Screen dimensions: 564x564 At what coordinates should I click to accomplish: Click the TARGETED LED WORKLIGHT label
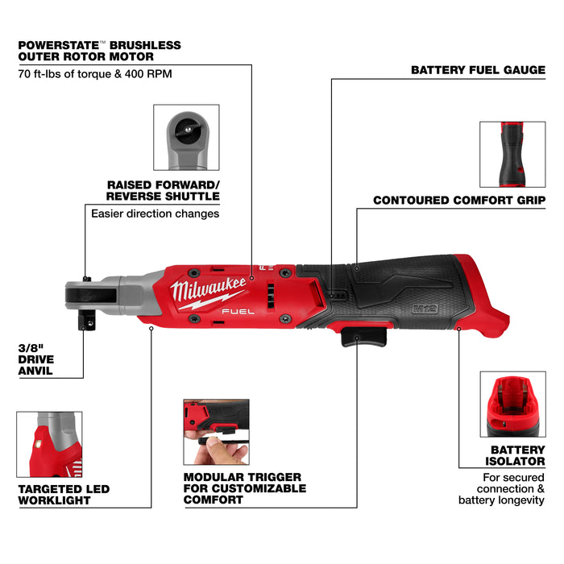(63, 495)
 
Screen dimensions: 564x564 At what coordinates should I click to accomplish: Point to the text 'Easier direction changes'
(155, 214)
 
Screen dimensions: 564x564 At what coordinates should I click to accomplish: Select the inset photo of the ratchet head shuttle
(186, 137)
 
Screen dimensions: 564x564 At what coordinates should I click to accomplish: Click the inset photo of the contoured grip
(512, 154)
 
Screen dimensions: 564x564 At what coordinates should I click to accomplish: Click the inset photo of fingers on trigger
(216, 432)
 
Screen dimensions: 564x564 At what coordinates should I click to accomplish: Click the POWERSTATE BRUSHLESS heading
(100, 50)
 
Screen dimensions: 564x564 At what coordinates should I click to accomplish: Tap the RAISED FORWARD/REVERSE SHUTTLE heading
(163, 190)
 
